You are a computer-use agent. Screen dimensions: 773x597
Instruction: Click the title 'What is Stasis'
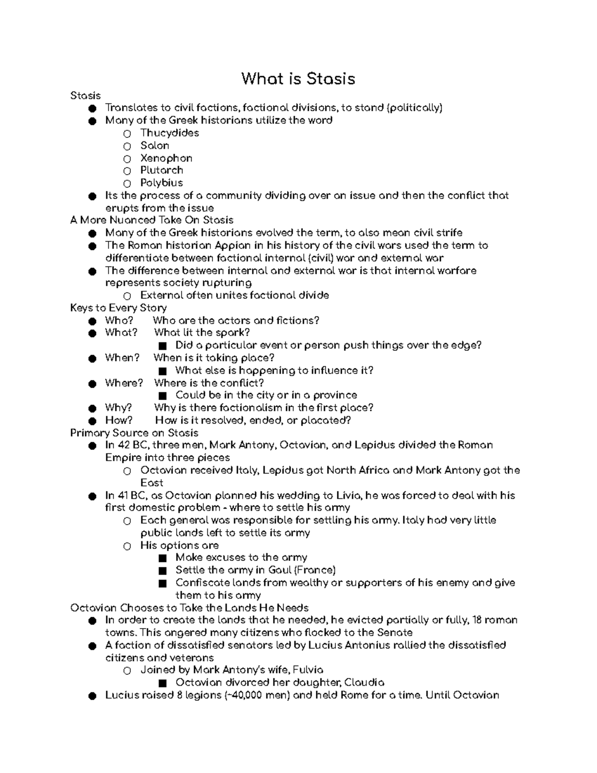point(298,79)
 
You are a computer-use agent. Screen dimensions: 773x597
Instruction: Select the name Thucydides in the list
point(169,133)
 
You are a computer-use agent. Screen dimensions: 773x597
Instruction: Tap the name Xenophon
point(166,158)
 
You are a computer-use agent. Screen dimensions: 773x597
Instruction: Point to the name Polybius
point(161,183)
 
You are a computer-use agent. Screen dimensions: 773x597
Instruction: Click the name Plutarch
point(161,170)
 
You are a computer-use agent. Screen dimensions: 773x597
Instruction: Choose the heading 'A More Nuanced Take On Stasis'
point(152,220)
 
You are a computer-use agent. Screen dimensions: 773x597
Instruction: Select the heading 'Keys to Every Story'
point(118,308)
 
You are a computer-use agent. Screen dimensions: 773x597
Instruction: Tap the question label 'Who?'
point(119,321)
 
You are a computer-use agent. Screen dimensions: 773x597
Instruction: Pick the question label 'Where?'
point(124,383)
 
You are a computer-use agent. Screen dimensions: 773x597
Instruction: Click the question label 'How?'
point(119,421)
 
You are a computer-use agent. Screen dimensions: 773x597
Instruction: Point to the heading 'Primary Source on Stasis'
point(134,433)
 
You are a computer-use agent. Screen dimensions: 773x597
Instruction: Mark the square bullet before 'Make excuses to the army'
point(162,558)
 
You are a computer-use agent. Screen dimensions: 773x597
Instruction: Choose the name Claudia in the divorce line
point(364,682)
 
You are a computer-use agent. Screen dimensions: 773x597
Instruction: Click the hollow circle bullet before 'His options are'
point(127,546)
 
